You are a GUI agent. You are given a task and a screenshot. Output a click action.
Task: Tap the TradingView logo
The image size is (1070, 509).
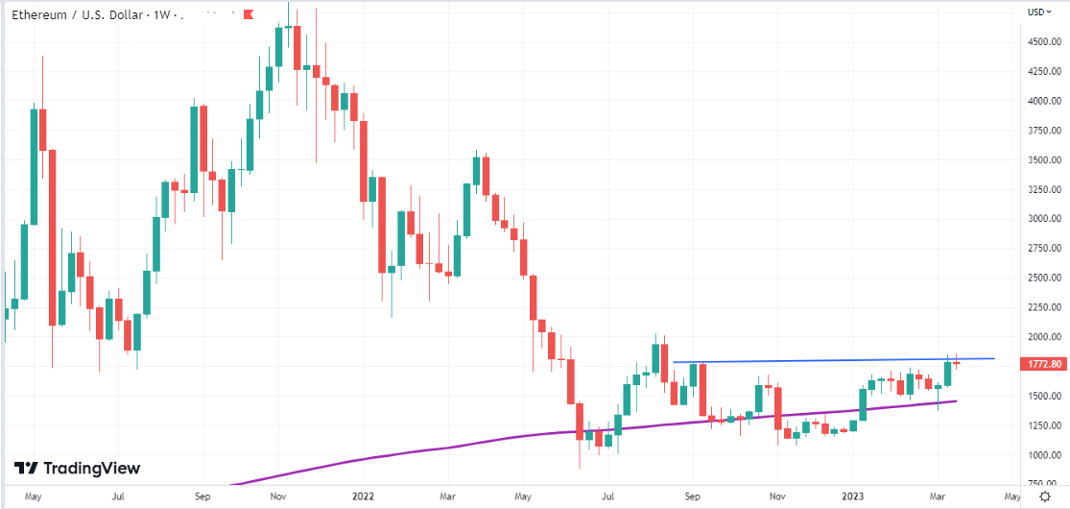78,468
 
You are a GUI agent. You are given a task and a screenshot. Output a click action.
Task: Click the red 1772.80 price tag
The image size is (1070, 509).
1044,364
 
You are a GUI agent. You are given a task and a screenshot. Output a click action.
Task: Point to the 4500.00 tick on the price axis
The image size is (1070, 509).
1043,42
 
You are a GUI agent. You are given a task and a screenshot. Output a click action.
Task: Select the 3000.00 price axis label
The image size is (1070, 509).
1043,219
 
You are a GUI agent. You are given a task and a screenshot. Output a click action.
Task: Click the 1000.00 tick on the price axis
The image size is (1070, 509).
1043,454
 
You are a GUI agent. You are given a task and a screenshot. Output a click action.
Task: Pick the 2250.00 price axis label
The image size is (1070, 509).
1043,307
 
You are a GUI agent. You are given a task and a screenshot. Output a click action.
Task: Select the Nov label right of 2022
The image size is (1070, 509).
778,497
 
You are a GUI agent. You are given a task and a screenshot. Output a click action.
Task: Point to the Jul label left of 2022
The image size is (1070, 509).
116,497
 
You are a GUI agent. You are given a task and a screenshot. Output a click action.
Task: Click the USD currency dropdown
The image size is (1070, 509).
1038,12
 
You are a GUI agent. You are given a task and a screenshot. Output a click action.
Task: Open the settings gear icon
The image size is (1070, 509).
1045,497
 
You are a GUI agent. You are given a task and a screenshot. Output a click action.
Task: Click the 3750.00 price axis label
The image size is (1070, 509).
1043,131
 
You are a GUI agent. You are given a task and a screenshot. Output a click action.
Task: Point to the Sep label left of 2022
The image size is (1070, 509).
202,497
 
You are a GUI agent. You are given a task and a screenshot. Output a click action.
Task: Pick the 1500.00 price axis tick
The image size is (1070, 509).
1043,396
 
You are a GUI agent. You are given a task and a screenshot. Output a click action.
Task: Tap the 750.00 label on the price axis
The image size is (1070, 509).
1043,483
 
